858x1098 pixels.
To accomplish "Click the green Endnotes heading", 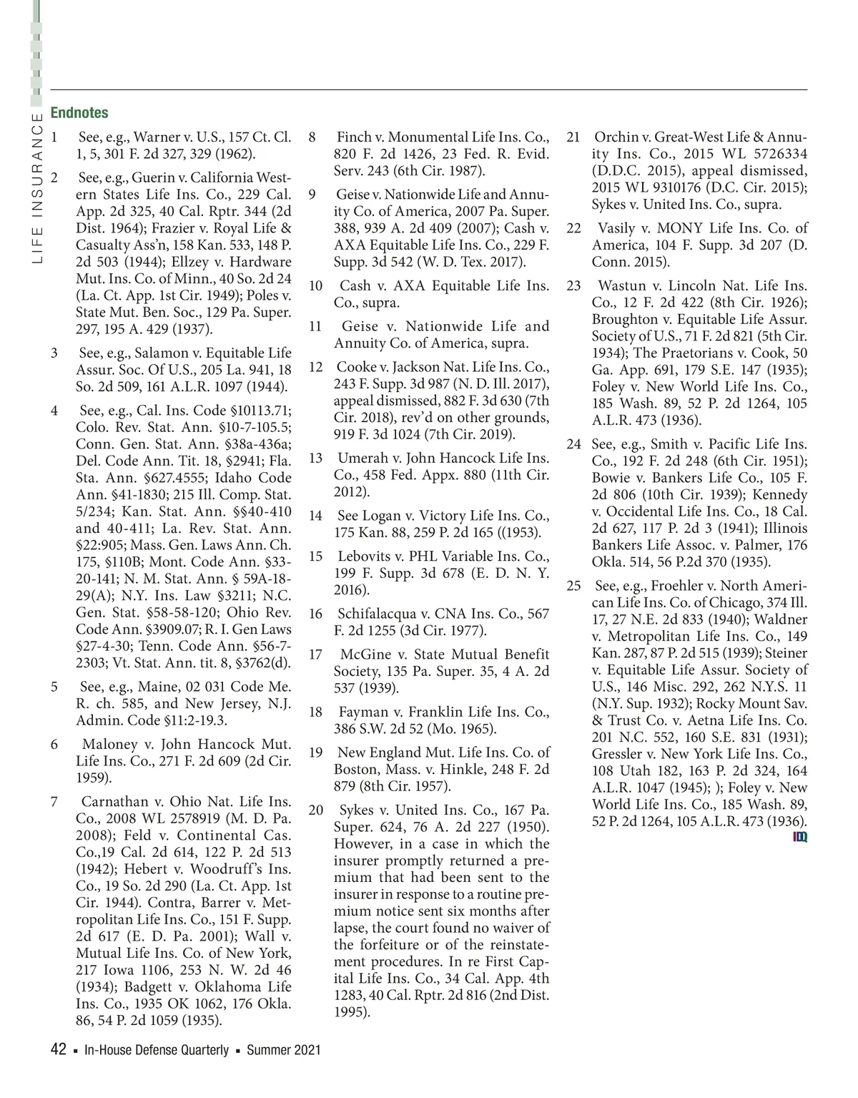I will click(x=79, y=113).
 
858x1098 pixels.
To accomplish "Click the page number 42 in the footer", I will click(x=59, y=1050).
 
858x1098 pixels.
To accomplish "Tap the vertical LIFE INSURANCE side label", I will click(x=37, y=188).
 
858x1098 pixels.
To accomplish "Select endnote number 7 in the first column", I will click(x=54, y=801).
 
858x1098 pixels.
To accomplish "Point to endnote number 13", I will click(x=315, y=458).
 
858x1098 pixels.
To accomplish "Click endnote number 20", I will click(x=315, y=810).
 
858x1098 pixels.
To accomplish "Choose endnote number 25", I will click(x=573, y=586).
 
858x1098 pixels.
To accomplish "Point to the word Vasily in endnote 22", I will click(x=616, y=228).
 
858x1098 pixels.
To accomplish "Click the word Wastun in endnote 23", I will click(x=622, y=286).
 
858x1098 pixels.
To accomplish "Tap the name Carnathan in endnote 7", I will click(x=114, y=801).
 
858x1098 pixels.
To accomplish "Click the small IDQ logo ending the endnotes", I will click(x=800, y=837).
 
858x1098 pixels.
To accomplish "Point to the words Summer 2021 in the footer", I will click(x=283, y=1051).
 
